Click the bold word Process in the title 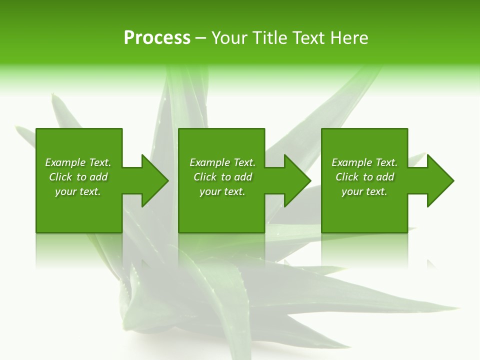pos(157,38)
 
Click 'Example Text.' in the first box pos(78,162)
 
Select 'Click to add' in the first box pos(78,177)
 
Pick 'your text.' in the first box pos(78,191)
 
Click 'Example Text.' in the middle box pos(222,162)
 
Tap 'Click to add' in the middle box pos(222,177)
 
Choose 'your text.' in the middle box pos(222,191)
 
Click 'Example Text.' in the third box pos(364,162)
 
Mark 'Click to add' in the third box pos(364,177)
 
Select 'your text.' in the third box pos(364,191)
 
